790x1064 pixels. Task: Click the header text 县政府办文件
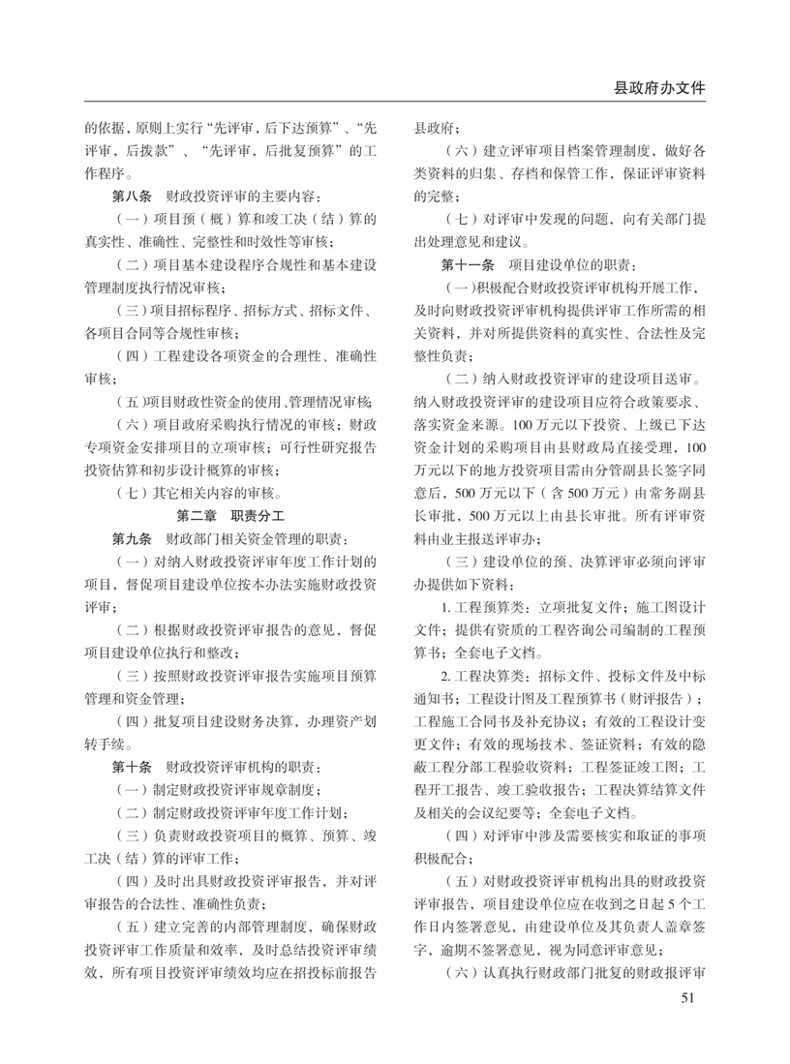(x=658, y=86)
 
